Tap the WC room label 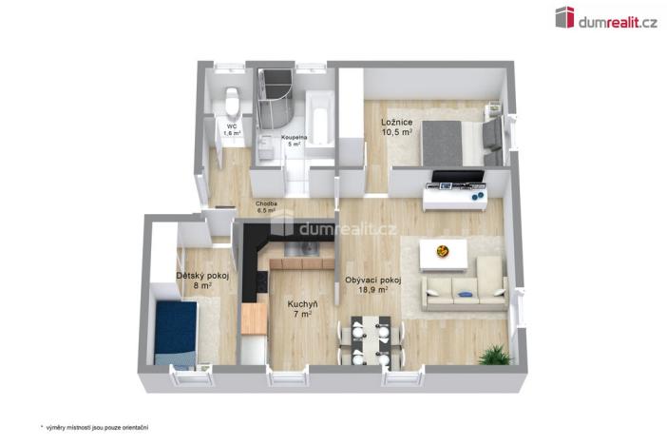pos(231,129)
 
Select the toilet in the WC pos(231,99)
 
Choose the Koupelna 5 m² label pos(294,141)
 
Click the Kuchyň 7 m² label pos(302,309)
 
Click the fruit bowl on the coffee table pos(441,252)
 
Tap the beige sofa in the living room pos(466,288)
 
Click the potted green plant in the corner pos(494,355)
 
